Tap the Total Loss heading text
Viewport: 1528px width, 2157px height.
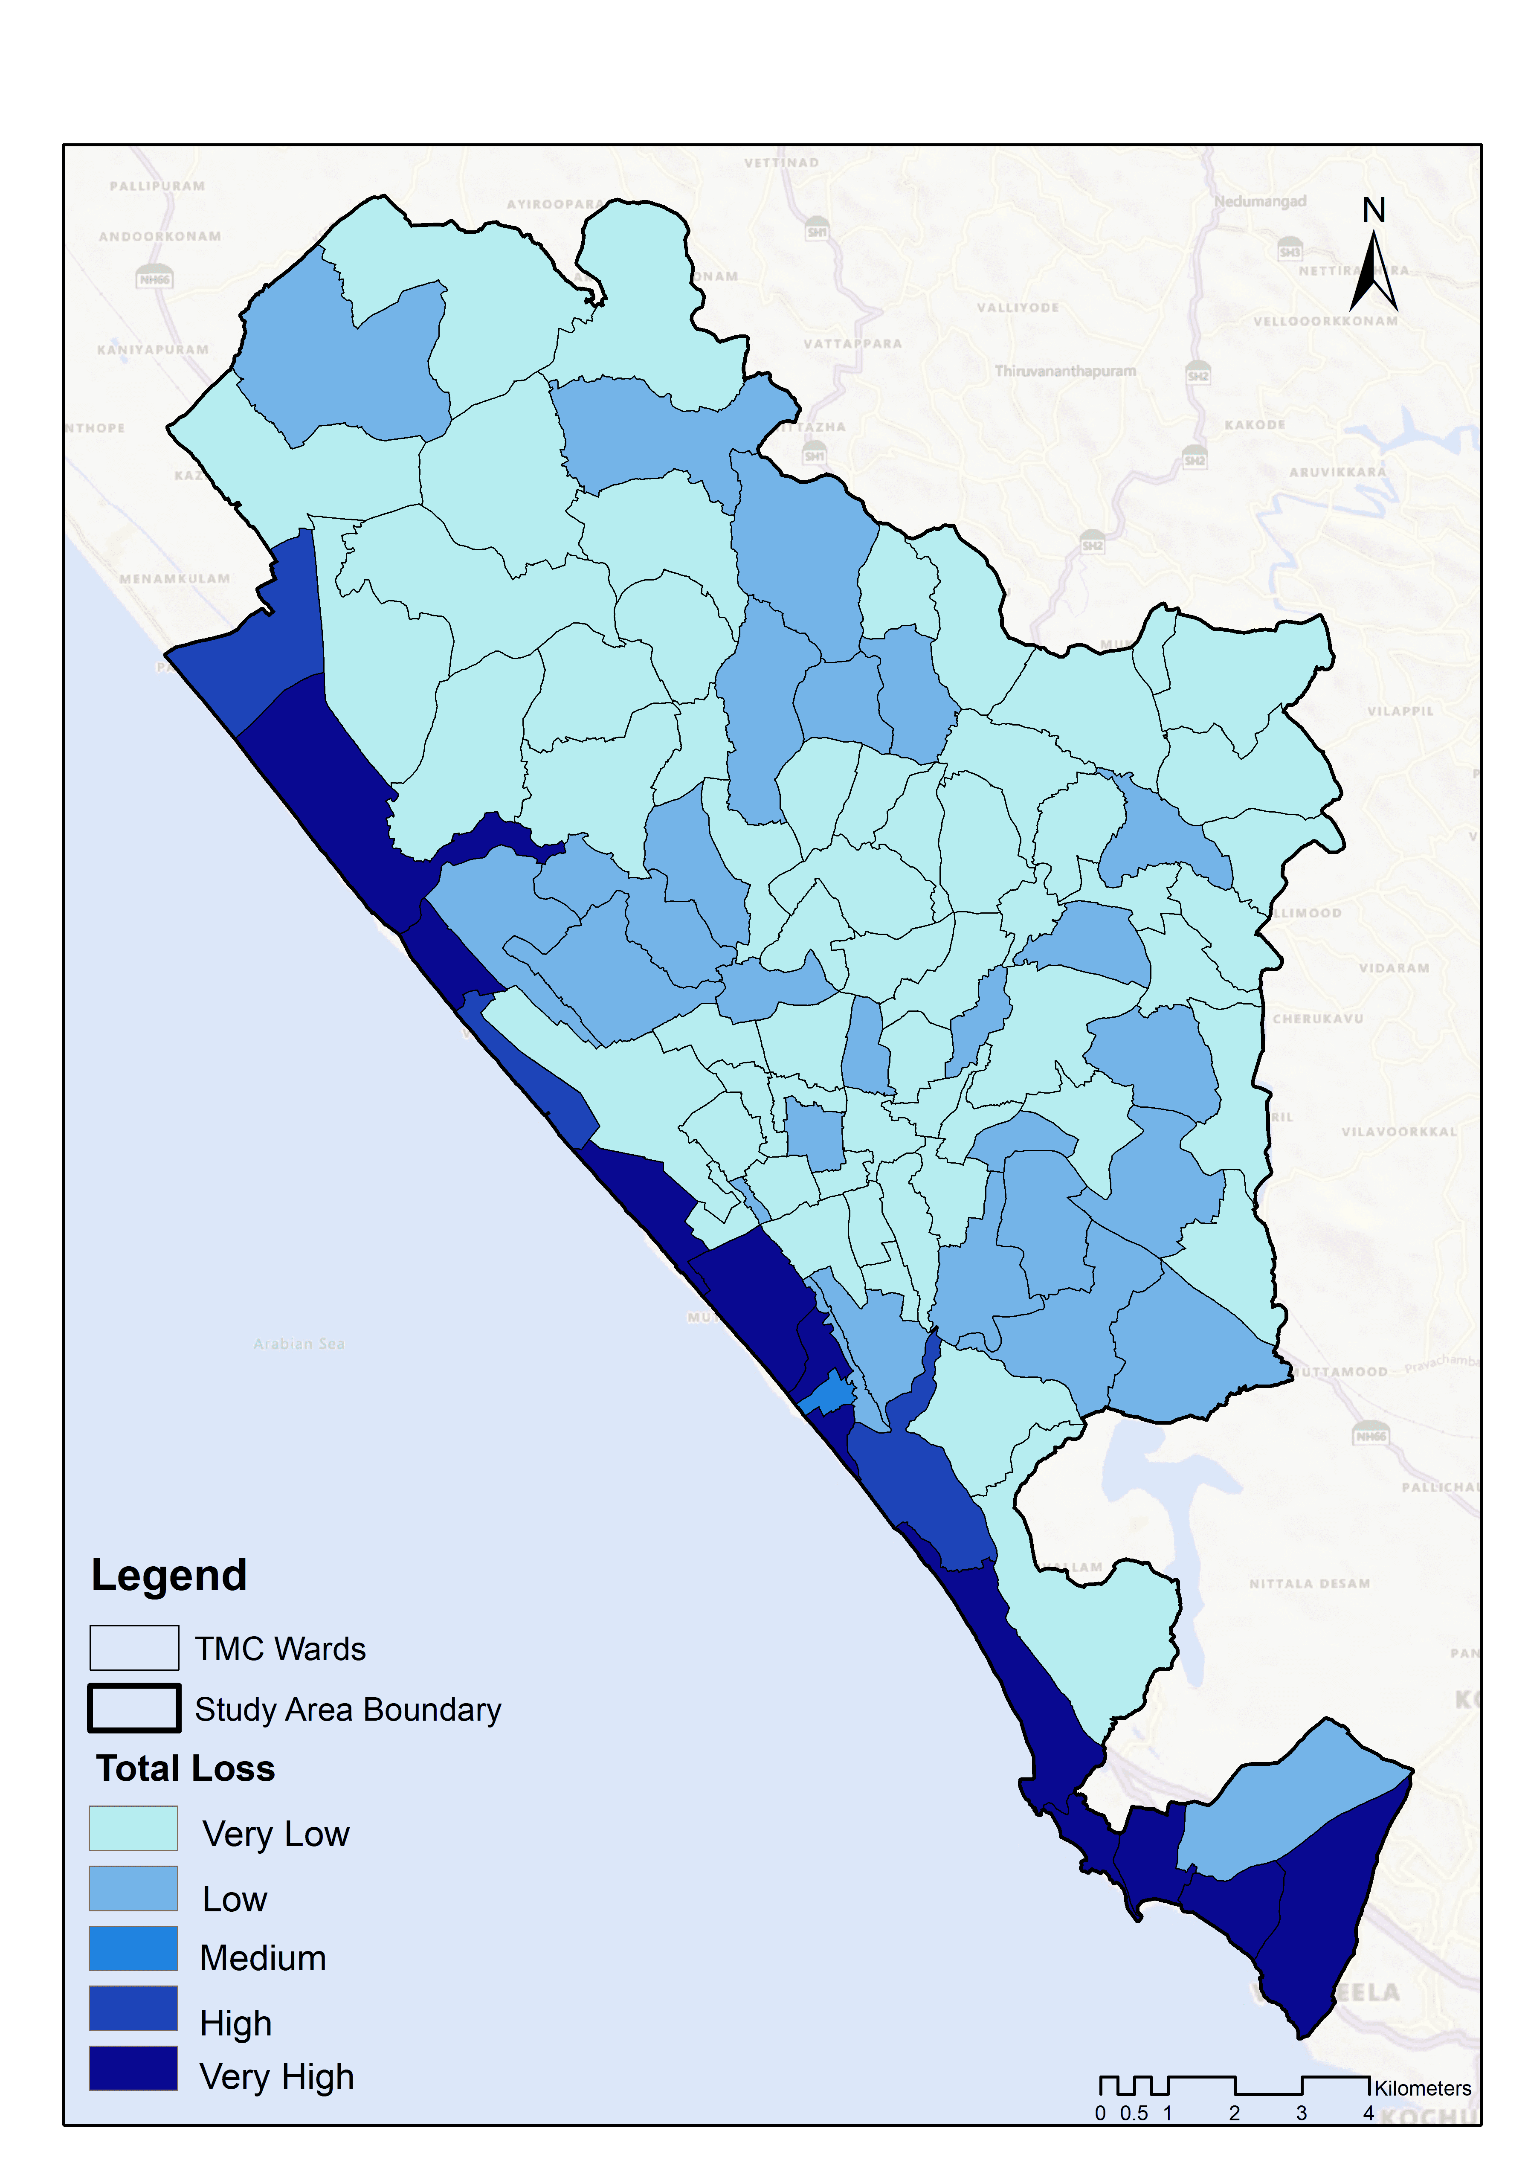pos(186,1768)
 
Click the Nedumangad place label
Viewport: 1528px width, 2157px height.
pos(1260,201)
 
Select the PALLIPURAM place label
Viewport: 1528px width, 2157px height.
pos(157,186)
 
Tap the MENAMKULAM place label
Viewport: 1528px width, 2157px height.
pos(175,579)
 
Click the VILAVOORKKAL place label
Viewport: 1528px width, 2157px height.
pos(1398,1131)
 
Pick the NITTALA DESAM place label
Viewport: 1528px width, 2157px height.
pos(1309,1584)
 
